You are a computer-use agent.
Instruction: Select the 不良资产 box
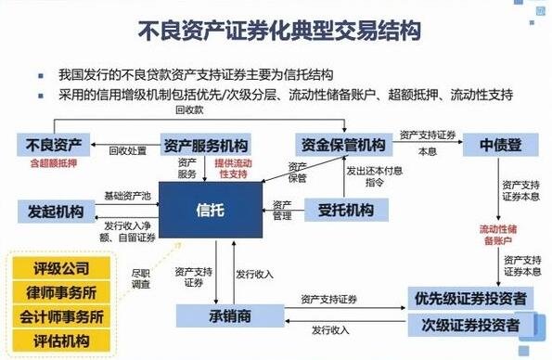click(56, 145)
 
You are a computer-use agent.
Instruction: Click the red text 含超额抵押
click(56, 164)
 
